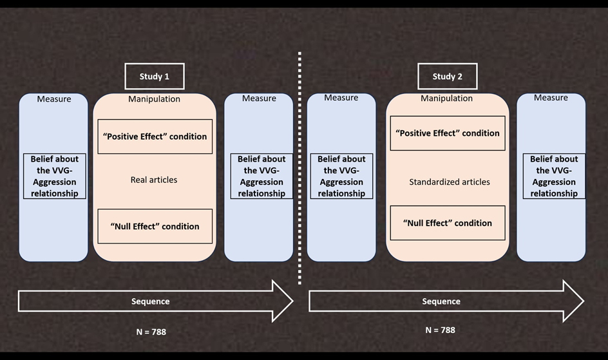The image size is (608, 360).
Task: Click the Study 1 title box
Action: pyautogui.click(x=155, y=77)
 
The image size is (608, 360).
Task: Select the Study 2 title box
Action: pyautogui.click(x=447, y=77)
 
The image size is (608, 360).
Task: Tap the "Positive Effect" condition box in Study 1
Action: pyautogui.click(x=155, y=137)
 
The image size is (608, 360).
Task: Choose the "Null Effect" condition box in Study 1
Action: pyautogui.click(x=155, y=226)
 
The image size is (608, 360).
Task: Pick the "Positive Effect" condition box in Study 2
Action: pyautogui.click(x=448, y=133)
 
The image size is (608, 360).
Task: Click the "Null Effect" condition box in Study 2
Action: pyautogui.click(x=448, y=223)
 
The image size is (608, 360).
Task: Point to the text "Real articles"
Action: pyautogui.click(x=154, y=180)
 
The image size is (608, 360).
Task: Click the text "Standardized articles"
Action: pyautogui.click(x=450, y=182)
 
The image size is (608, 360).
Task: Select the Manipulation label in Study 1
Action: pyautogui.click(x=155, y=99)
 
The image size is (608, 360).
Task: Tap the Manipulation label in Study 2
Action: pyautogui.click(x=447, y=99)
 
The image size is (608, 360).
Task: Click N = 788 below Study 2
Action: pyautogui.click(x=441, y=330)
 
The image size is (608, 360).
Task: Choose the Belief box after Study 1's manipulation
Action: pyautogui.click(x=261, y=176)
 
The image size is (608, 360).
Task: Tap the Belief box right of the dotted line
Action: pyautogui.click(x=341, y=176)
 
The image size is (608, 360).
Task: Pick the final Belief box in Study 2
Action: pyautogui.click(x=554, y=176)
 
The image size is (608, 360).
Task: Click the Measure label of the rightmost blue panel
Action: pyautogui.click(x=551, y=98)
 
